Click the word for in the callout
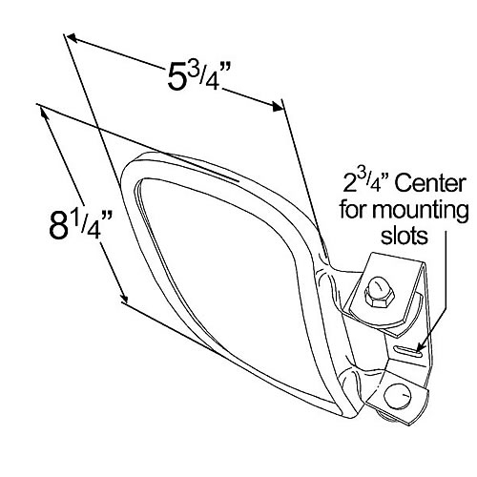click(x=363, y=207)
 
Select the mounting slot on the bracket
click(x=409, y=354)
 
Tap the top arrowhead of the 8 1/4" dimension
click(x=44, y=109)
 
